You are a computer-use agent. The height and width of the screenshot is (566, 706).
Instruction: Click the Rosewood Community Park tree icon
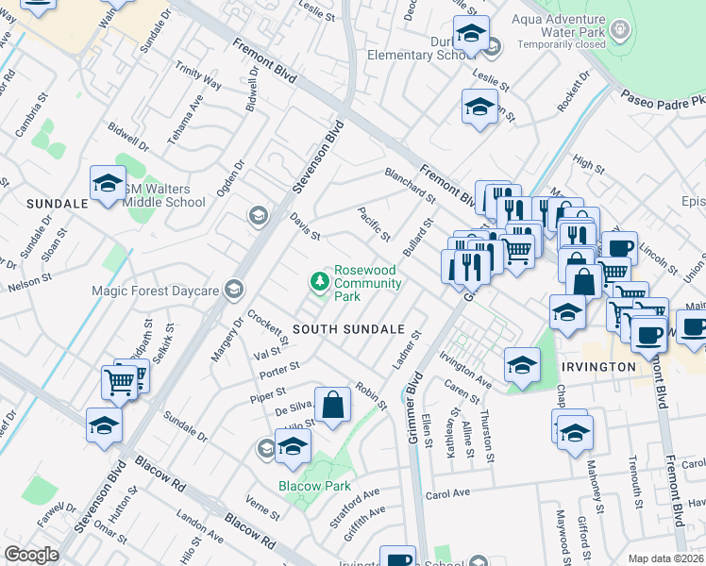(x=320, y=281)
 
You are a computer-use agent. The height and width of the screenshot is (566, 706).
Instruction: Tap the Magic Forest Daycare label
(x=155, y=291)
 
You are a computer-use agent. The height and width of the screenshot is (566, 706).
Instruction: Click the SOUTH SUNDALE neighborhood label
(x=348, y=329)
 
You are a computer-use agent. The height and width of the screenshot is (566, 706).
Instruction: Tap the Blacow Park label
(x=314, y=487)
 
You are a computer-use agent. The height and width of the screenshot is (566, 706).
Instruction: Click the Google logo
(x=31, y=554)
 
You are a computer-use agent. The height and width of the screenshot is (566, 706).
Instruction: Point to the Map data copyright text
(x=666, y=558)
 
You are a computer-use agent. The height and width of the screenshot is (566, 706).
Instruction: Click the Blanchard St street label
(x=409, y=186)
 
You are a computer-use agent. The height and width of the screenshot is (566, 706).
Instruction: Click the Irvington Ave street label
(x=466, y=371)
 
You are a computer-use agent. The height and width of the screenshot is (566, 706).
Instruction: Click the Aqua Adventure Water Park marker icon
(x=619, y=29)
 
